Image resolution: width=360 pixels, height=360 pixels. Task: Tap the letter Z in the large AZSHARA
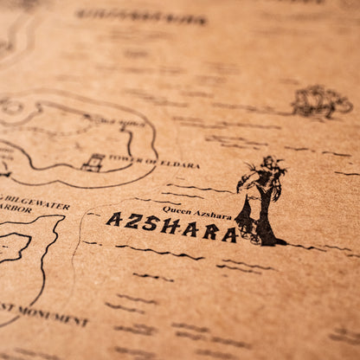point(132,222)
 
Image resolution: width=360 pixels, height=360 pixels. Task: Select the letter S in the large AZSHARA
point(151,224)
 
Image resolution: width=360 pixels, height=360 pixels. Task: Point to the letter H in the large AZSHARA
point(170,227)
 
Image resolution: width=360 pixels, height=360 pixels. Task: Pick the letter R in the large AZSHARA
point(209,232)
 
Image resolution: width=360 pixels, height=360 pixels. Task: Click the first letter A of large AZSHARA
point(113,219)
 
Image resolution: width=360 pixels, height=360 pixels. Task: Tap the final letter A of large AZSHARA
point(229,235)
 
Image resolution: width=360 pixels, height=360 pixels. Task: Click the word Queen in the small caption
point(175,209)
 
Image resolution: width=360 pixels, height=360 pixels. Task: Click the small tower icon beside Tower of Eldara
point(93,162)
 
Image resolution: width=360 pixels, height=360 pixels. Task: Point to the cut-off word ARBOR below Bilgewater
point(12,209)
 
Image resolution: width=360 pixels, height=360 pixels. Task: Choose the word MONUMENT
point(55,318)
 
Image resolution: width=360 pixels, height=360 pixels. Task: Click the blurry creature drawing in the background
point(321,102)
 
